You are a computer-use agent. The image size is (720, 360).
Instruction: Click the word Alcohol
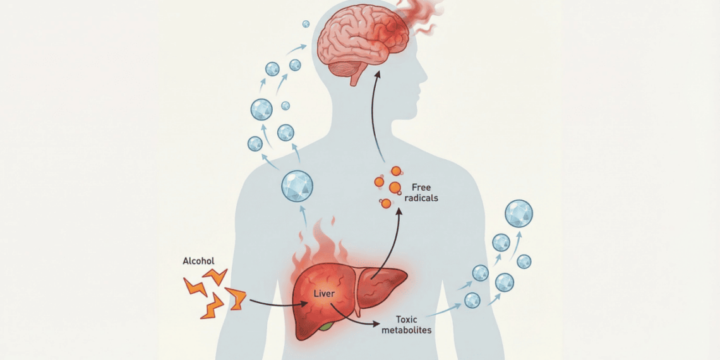(199, 261)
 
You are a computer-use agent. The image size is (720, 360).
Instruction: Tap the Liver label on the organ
(323, 294)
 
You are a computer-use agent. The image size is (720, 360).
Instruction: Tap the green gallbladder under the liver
(325, 327)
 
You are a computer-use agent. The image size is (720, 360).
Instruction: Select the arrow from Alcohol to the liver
(278, 303)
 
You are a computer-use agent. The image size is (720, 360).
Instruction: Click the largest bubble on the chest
(296, 186)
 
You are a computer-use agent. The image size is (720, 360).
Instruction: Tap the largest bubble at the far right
(519, 213)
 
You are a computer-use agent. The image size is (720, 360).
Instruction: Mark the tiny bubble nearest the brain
(306, 24)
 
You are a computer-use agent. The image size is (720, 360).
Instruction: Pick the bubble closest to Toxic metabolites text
(472, 300)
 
